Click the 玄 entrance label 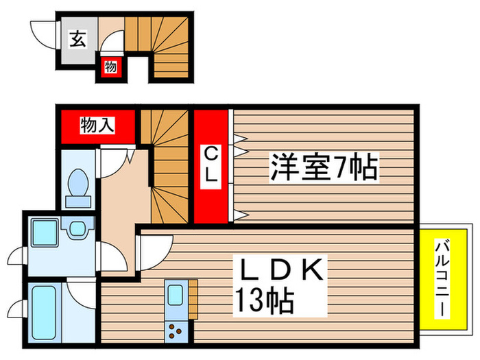tap(77, 40)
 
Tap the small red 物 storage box tap(109, 67)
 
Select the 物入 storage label tap(97, 125)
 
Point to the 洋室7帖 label tap(323, 167)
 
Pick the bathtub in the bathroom tap(45, 309)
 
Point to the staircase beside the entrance tap(158, 45)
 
